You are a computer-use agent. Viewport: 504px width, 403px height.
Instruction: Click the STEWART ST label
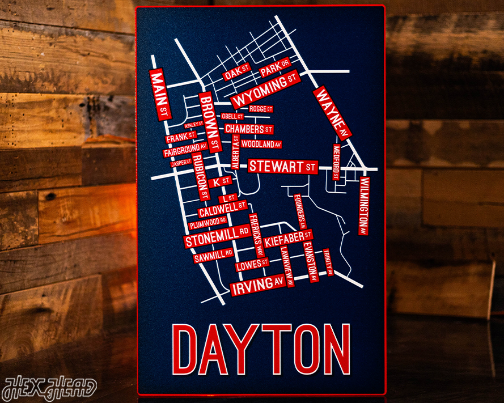(x=282, y=167)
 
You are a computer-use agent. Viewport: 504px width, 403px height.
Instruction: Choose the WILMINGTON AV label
(x=363, y=206)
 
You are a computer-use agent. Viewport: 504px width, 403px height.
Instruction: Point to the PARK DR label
(x=275, y=68)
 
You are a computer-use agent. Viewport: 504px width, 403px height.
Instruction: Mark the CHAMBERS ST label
(x=249, y=129)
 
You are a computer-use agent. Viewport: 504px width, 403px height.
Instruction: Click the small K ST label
(x=220, y=182)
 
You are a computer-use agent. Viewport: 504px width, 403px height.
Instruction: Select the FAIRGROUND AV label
(x=185, y=150)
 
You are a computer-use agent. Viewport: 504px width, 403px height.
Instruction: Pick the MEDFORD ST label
(x=336, y=162)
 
